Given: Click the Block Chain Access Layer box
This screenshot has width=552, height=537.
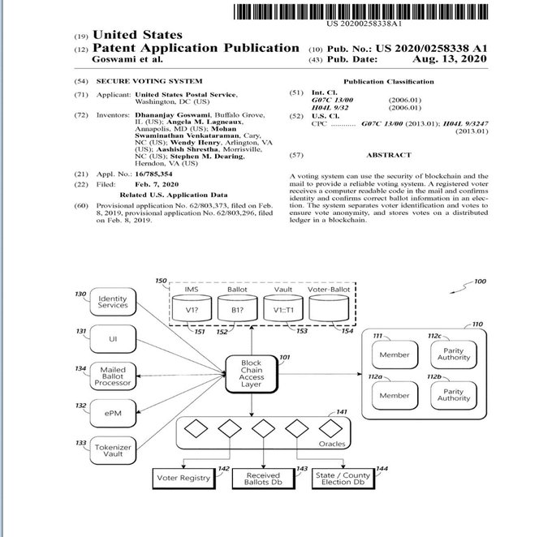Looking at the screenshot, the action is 252,375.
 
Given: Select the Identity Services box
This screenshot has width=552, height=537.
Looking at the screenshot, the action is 113,303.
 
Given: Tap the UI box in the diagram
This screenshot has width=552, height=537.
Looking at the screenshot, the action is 113,337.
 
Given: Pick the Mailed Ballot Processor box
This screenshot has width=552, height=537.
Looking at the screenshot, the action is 113,376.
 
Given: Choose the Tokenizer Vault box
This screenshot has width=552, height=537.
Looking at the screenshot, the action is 113,450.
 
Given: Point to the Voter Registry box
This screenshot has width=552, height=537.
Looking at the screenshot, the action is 183,478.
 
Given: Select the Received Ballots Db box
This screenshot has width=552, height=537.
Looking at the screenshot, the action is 263,479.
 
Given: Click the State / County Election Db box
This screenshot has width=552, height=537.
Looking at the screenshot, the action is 344,479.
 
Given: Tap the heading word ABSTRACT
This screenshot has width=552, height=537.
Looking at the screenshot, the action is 389,155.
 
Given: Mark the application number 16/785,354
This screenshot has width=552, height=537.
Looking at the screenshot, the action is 153,174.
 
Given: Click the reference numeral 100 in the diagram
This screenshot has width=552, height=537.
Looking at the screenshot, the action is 481,281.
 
